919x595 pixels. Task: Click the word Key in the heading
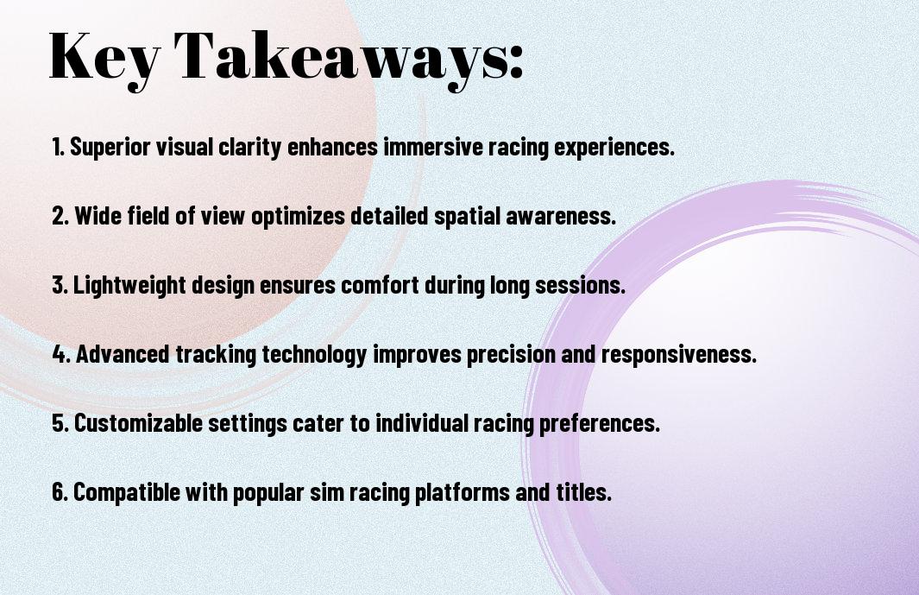click(x=104, y=58)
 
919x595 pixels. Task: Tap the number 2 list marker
click(x=60, y=216)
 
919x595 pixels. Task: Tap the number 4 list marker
click(x=61, y=354)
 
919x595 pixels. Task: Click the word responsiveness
click(x=679, y=355)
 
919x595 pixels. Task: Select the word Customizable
click(x=138, y=423)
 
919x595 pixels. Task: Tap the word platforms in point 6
click(x=463, y=492)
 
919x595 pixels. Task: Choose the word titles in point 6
click(x=583, y=491)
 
